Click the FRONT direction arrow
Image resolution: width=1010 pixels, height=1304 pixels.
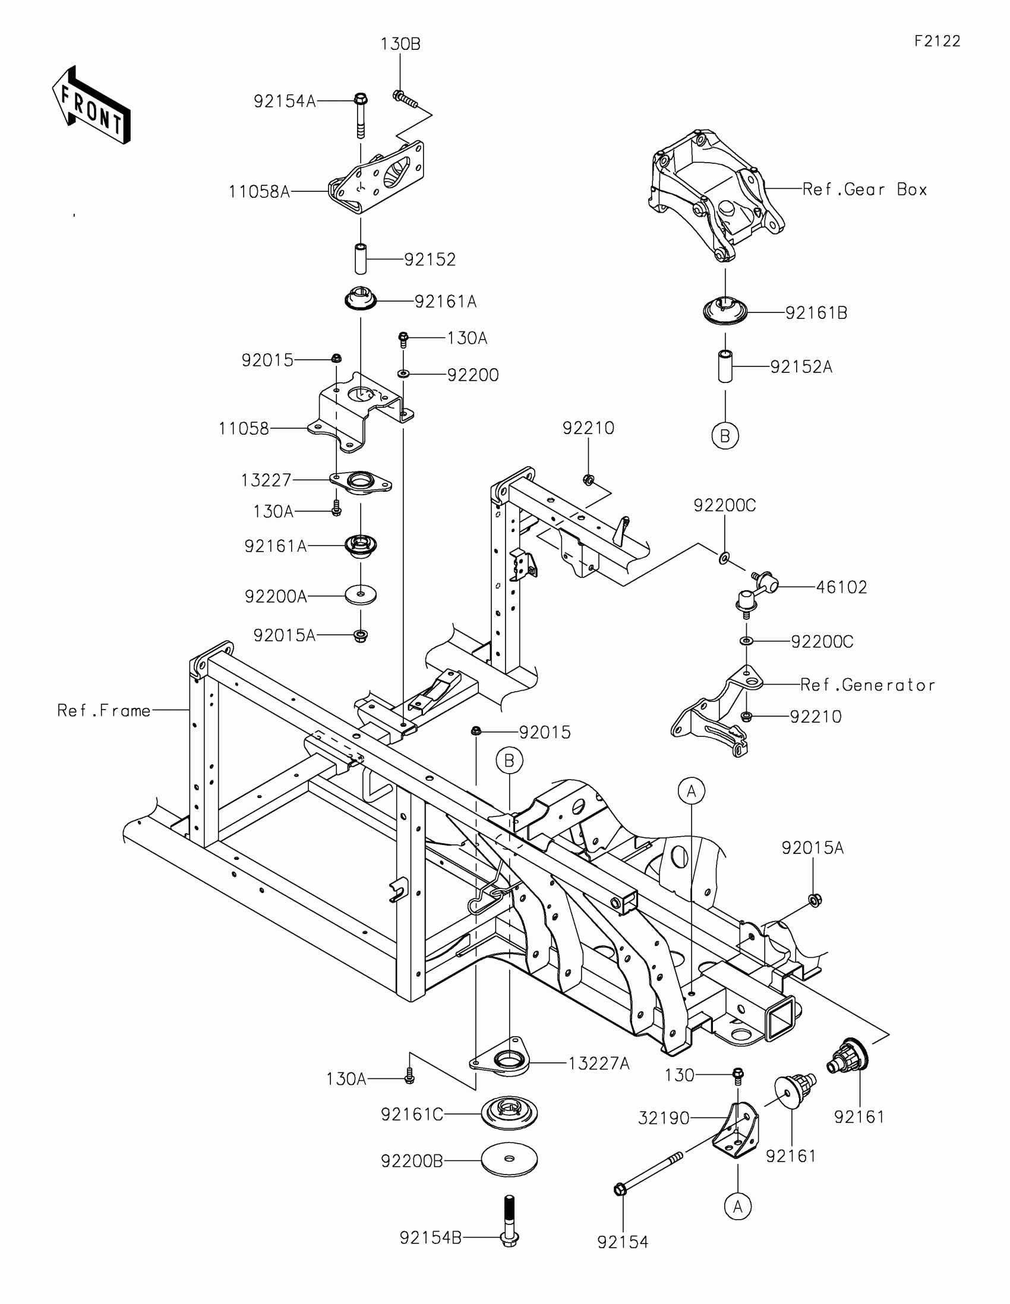pos(91,106)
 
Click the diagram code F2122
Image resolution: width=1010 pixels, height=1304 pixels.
pos(937,41)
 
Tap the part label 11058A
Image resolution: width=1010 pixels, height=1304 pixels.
pos(259,192)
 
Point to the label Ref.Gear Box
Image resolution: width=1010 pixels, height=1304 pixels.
pos(864,189)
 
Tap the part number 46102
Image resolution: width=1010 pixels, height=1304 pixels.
pos(841,587)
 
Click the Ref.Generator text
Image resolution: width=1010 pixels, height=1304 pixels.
pos(867,685)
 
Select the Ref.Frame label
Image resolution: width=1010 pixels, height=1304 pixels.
pos(103,711)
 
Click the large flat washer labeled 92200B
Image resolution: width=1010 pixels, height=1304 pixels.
pos(509,1159)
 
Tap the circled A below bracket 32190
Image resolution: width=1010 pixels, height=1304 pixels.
pos(738,1207)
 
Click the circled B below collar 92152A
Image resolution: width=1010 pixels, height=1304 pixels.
pos(725,436)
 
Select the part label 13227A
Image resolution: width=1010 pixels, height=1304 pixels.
pos(598,1064)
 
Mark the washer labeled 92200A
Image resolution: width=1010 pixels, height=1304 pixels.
pos(361,594)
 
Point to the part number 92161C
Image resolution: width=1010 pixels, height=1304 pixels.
pos(412,1114)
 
